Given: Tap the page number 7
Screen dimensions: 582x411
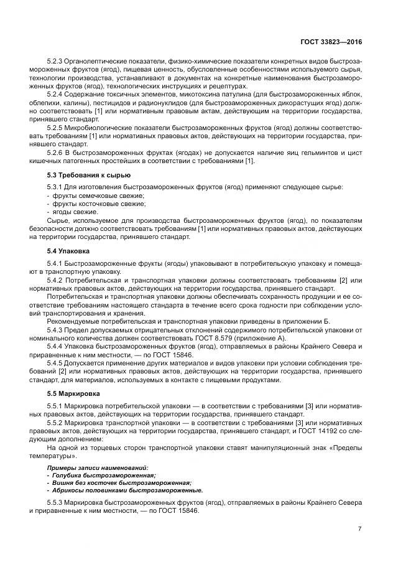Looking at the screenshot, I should tap(359, 529).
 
